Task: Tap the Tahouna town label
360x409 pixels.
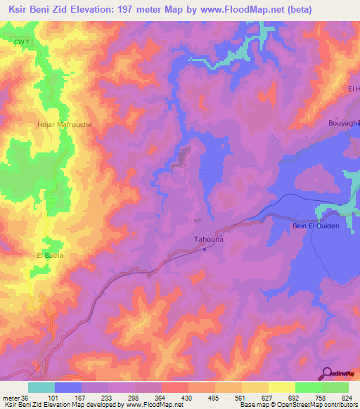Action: click(209, 239)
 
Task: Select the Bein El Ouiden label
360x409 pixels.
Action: click(316, 225)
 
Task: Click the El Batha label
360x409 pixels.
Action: click(50, 255)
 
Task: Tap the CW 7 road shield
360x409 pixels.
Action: click(22, 44)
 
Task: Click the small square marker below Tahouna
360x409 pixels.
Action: click(206, 247)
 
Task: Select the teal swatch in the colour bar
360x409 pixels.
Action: click(41, 387)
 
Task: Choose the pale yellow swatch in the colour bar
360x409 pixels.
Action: click(281, 387)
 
